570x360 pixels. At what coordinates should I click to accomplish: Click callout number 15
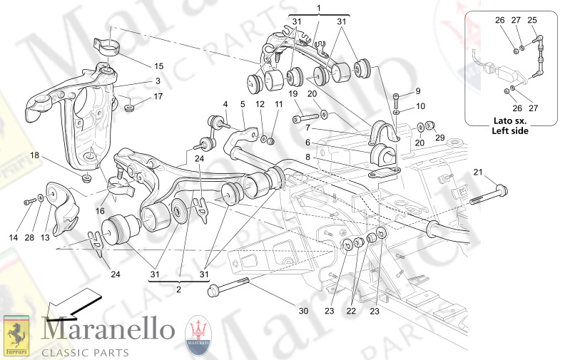[158, 66]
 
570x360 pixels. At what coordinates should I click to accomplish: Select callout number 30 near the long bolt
[303, 311]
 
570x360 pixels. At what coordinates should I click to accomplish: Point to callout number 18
[34, 155]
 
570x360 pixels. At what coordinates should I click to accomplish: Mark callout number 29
[440, 137]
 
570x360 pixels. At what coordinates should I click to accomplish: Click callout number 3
[158, 81]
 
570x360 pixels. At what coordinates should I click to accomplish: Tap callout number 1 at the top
[319, 7]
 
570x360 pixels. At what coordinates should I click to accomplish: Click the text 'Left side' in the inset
[511, 131]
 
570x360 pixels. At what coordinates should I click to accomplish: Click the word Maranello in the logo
[108, 330]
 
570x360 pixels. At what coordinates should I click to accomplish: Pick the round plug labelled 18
[86, 178]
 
